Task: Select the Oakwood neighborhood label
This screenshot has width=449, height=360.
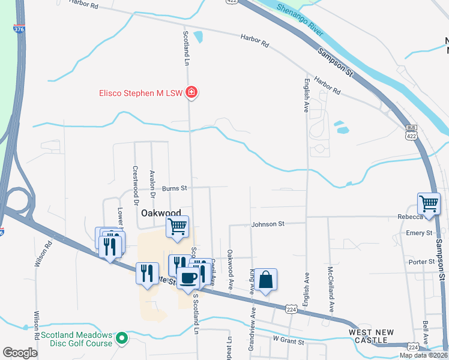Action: coord(160,213)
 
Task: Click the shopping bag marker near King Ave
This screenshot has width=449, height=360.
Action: coord(265,280)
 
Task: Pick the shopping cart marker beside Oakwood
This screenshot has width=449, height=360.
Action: coord(177,226)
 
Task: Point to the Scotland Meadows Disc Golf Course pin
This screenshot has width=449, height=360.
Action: coord(122,339)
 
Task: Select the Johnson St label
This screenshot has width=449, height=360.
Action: coord(268,224)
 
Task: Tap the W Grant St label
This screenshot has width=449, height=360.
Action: coord(289,339)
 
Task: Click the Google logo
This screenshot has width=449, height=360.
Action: coord(20,352)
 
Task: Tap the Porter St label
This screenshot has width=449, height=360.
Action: coord(421,262)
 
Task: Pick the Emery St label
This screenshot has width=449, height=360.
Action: coord(420,233)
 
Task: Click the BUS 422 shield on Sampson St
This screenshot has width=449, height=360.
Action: coord(411,132)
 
